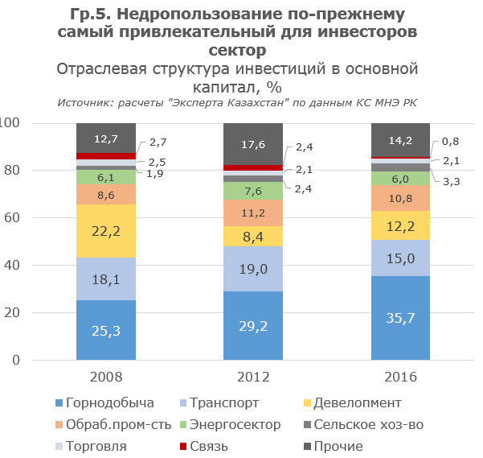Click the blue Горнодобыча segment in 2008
point(106,330)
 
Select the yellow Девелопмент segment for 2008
point(106,231)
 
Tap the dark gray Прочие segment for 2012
point(253,144)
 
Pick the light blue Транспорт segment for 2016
point(400,258)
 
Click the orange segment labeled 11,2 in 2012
point(253,212)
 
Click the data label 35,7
point(400,319)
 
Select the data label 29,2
point(253,326)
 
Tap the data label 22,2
point(106,231)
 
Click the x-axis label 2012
point(253,377)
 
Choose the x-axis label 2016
point(400,377)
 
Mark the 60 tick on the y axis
point(11,218)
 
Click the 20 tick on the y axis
point(11,313)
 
